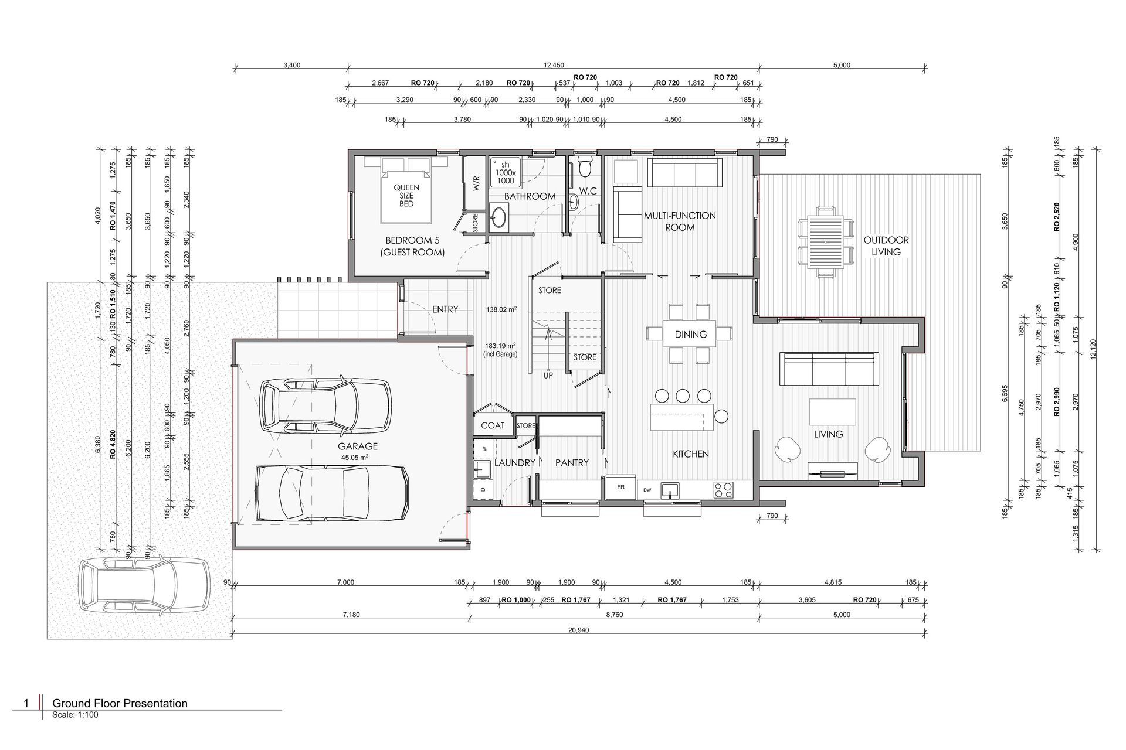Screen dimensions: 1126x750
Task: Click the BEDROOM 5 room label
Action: point(412,240)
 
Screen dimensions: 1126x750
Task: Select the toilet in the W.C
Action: point(584,166)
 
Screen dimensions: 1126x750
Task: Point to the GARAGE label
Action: point(358,446)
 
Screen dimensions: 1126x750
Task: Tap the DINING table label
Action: point(690,334)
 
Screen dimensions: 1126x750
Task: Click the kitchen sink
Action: point(669,490)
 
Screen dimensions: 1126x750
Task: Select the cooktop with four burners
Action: point(724,490)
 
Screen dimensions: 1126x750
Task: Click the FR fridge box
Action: point(620,487)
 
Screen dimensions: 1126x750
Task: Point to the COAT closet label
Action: point(493,425)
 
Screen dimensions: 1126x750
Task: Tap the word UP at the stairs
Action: point(548,376)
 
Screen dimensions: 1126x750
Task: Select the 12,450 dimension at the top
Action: point(554,65)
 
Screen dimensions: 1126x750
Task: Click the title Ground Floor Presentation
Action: point(120,703)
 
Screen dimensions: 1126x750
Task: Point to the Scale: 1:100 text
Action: point(74,715)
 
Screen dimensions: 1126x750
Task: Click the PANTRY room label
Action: point(572,463)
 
